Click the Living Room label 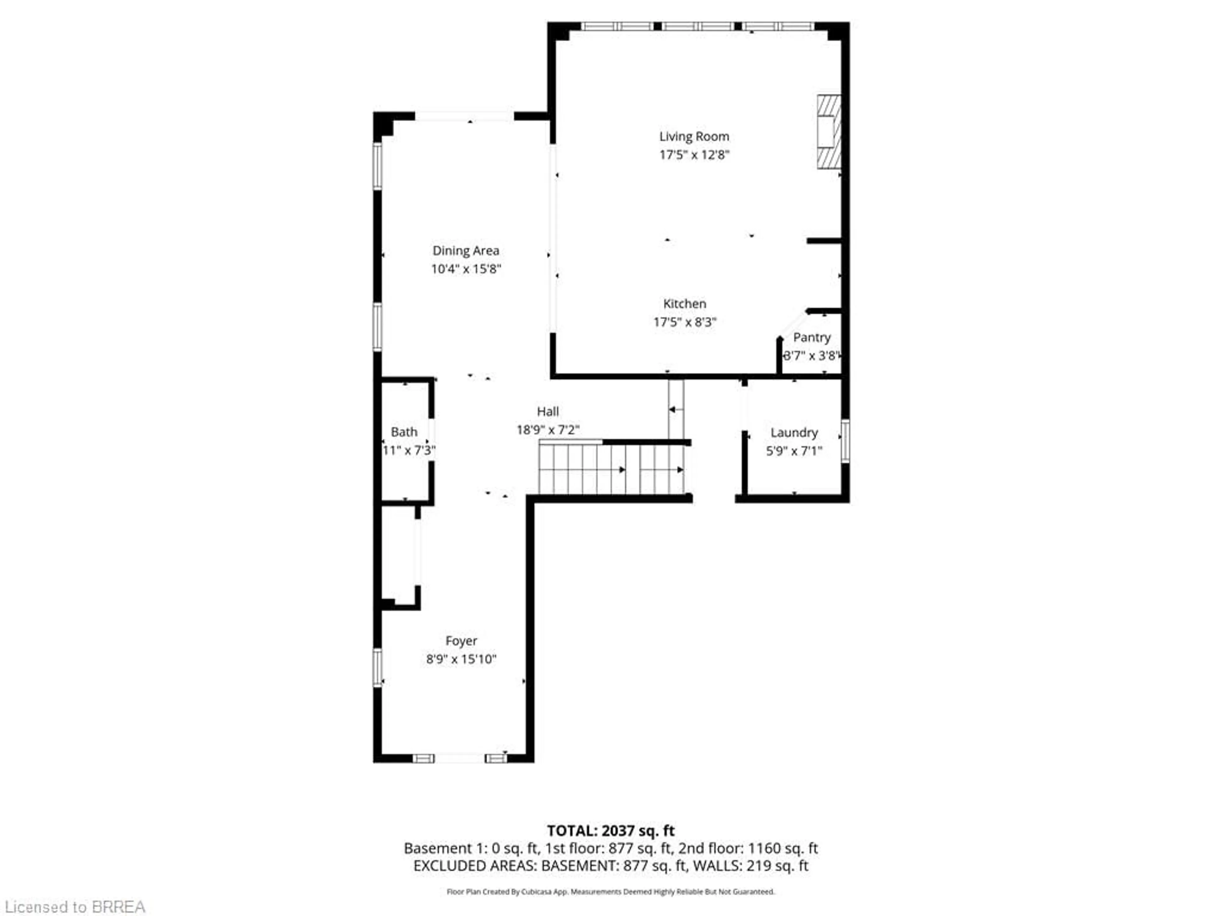[x=694, y=136]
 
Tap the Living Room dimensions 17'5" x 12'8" [x=694, y=155]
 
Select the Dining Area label [x=465, y=251]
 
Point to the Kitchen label [x=685, y=304]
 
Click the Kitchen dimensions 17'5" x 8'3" [x=685, y=322]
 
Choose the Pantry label [x=811, y=337]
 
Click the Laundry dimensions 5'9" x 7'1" [x=794, y=451]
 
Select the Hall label [x=548, y=411]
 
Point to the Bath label [x=404, y=432]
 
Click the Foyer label [x=461, y=641]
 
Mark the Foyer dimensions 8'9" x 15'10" [x=461, y=659]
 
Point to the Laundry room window [x=845, y=441]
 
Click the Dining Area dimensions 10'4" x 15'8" [x=465, y=269]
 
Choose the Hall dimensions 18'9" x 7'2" [x=548, y=430]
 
